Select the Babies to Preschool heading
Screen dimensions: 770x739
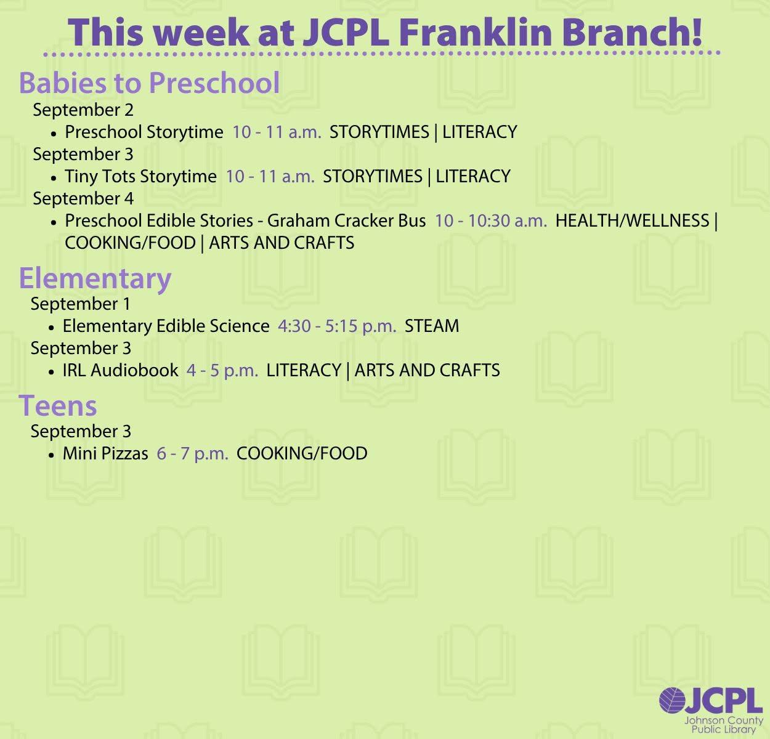[x=149, y=83]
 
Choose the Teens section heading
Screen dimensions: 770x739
[x=58, y=406]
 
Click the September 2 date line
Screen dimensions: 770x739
[x=83, y=110]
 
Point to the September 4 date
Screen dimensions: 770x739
[x=83, y=198]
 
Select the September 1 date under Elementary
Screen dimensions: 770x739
[x=81, y=304]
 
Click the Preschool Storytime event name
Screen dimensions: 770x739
[x=144, y=132]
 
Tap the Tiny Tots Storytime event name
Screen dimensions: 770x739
[x=141, y=177]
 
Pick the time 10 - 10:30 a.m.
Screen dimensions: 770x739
[x=491, y=220]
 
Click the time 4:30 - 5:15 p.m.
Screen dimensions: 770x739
[x=337, y=326]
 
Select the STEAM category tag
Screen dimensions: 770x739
[x=432, y=326]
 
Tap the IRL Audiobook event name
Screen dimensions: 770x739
[x=121, y=370]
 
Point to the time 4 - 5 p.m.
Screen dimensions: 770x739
[x=222, y=371]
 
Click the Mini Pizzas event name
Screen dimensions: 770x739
[x=105, y=453]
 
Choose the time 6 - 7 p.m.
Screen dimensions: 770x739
[x=193, y=454]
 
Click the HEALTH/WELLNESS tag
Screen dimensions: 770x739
[x=632, y=220]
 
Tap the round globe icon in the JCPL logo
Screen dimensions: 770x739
[x=672, y=700]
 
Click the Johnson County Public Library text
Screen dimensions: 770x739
[x=724, y=725]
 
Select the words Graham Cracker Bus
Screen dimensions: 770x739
[x=347, y=220]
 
